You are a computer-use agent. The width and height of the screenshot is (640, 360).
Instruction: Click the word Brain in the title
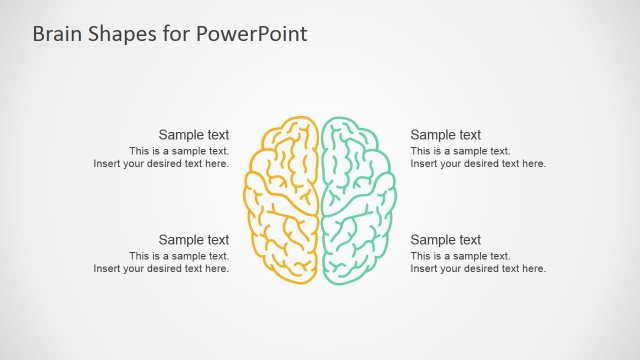pyautogui.click(x=56, y=34)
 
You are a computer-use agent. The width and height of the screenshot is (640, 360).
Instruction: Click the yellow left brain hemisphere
pyautogui.click(x=282, y=200)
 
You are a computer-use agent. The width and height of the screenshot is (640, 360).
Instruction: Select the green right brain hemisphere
pyautogui.click(x=358, y=200)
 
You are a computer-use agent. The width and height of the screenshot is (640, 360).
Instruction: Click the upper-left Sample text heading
pyautogui.click(x=194, y=135)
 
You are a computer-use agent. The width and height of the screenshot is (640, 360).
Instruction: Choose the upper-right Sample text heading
pyautogui.click(x=446, y=135)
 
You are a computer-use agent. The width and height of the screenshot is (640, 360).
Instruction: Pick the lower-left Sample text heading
pyautogui.click(x=194, y=240)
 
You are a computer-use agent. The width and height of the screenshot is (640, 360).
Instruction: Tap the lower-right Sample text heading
pyautogui.click(x=446, y=240)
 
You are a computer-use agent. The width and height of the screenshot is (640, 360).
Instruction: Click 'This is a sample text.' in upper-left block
pyautogui.click(x=179, y=151)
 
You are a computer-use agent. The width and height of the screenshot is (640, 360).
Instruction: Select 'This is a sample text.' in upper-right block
pyautogui.click(x=460, y=151)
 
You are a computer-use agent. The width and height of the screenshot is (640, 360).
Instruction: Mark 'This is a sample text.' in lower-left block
pyautogui.click(x=179, y=256)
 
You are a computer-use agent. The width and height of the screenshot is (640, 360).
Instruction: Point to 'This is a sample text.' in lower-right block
pyautogui.click(x=460, y=256)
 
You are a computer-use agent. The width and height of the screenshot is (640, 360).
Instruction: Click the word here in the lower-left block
pyautogui.click(x=218, y=269)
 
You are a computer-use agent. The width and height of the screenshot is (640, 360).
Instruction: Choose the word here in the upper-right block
pyautogui.click(x=535, y=164)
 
